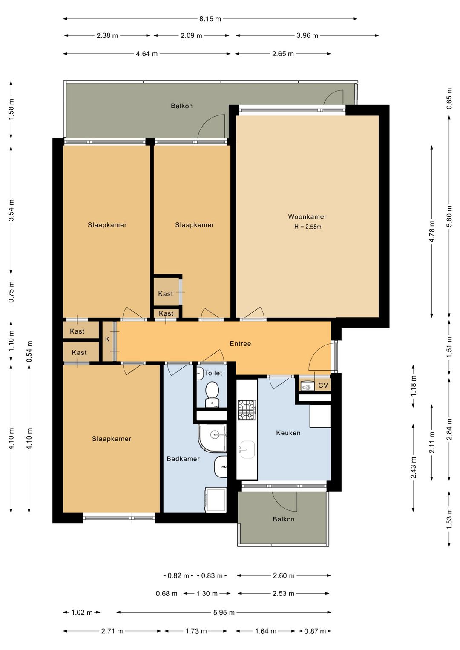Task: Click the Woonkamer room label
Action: [x=308, y=216]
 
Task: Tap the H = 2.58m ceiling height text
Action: [x=308, y=227]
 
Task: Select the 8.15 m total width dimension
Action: [x=210, y=19]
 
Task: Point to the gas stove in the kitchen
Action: [x=247, y=410]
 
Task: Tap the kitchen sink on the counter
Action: [x=247, y=450]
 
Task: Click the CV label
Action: [x=323, y=385]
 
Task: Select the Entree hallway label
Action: [x=240, y=344]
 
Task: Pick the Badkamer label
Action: [x=183, y=459]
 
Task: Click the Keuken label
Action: [x=288, y=433]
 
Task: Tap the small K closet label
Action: [x=107, y=339]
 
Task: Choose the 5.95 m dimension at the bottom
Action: [x=224, y=612]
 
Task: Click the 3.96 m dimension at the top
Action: [x=308, y=35]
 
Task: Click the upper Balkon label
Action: [x=182, y=106]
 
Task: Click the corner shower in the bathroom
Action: [x=212, y=438]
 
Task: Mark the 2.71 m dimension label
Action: [x=112, y=631]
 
